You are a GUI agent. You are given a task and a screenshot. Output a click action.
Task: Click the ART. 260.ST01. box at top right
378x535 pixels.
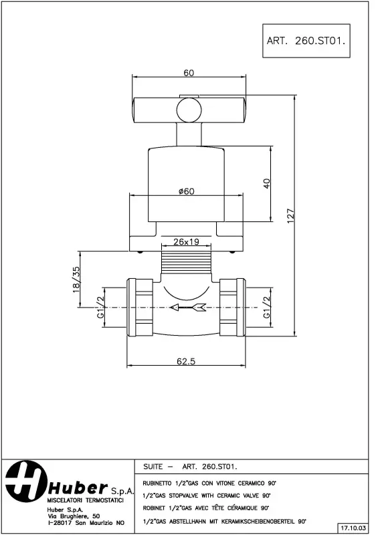(306, 40)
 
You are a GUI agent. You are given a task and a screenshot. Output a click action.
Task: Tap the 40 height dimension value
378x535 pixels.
(266, 183)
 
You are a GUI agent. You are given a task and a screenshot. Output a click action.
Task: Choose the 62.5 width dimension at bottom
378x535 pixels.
(187, 361)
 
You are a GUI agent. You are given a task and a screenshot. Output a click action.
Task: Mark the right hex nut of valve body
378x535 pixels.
(231, 307)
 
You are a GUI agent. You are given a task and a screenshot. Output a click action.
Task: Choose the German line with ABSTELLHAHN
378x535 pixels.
(224, 520)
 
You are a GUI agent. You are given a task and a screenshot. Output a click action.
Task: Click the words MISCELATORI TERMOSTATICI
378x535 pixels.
(85, 500)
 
